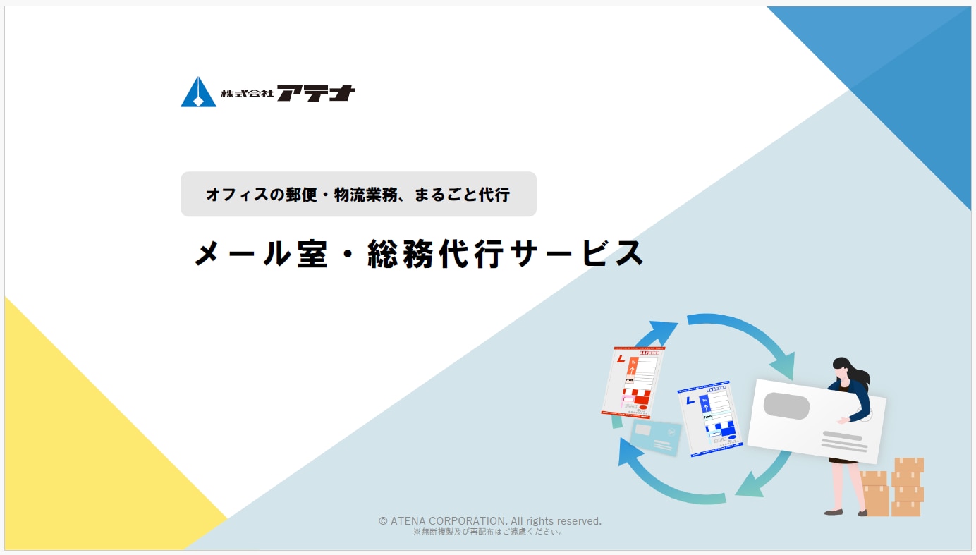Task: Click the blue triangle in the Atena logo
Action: (x=197, y=93)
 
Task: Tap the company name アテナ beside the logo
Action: (x=315, y=93)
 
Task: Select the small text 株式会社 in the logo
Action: (x=246, y=93)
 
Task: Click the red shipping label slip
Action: (x=633, y=381)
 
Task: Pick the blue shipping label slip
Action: (x=709, y=420)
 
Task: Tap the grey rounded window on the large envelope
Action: (x=786, y=405)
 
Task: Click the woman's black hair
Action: (x=846, y=370)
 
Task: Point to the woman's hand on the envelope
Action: (x=841, y=421)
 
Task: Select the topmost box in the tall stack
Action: (x=909, y=465)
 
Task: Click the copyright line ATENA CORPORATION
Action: (x=489, y=521)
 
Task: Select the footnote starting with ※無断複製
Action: (x=488, y=532)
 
